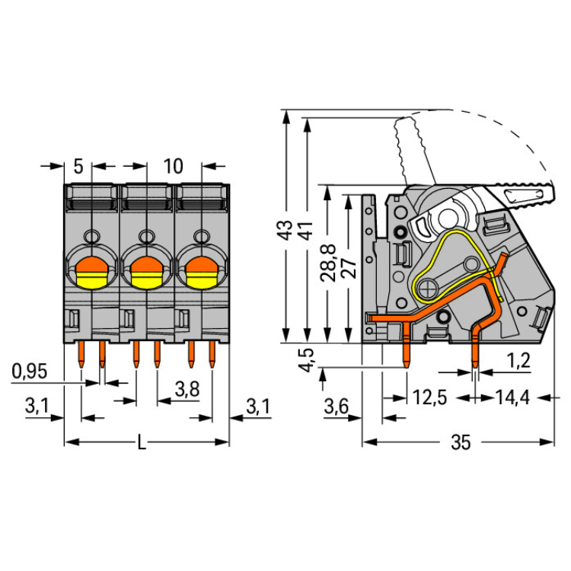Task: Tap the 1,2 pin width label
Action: (x=519, y=359)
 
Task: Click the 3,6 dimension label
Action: (x=336, y=406)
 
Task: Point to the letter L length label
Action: (x=142, y=442)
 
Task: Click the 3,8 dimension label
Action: (x=187, y=389)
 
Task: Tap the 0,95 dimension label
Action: (x=30, y=372)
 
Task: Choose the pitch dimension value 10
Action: (x=173, y=165)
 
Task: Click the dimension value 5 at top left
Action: (x=78, y=165)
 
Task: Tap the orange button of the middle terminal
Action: (x=146, y=266)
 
